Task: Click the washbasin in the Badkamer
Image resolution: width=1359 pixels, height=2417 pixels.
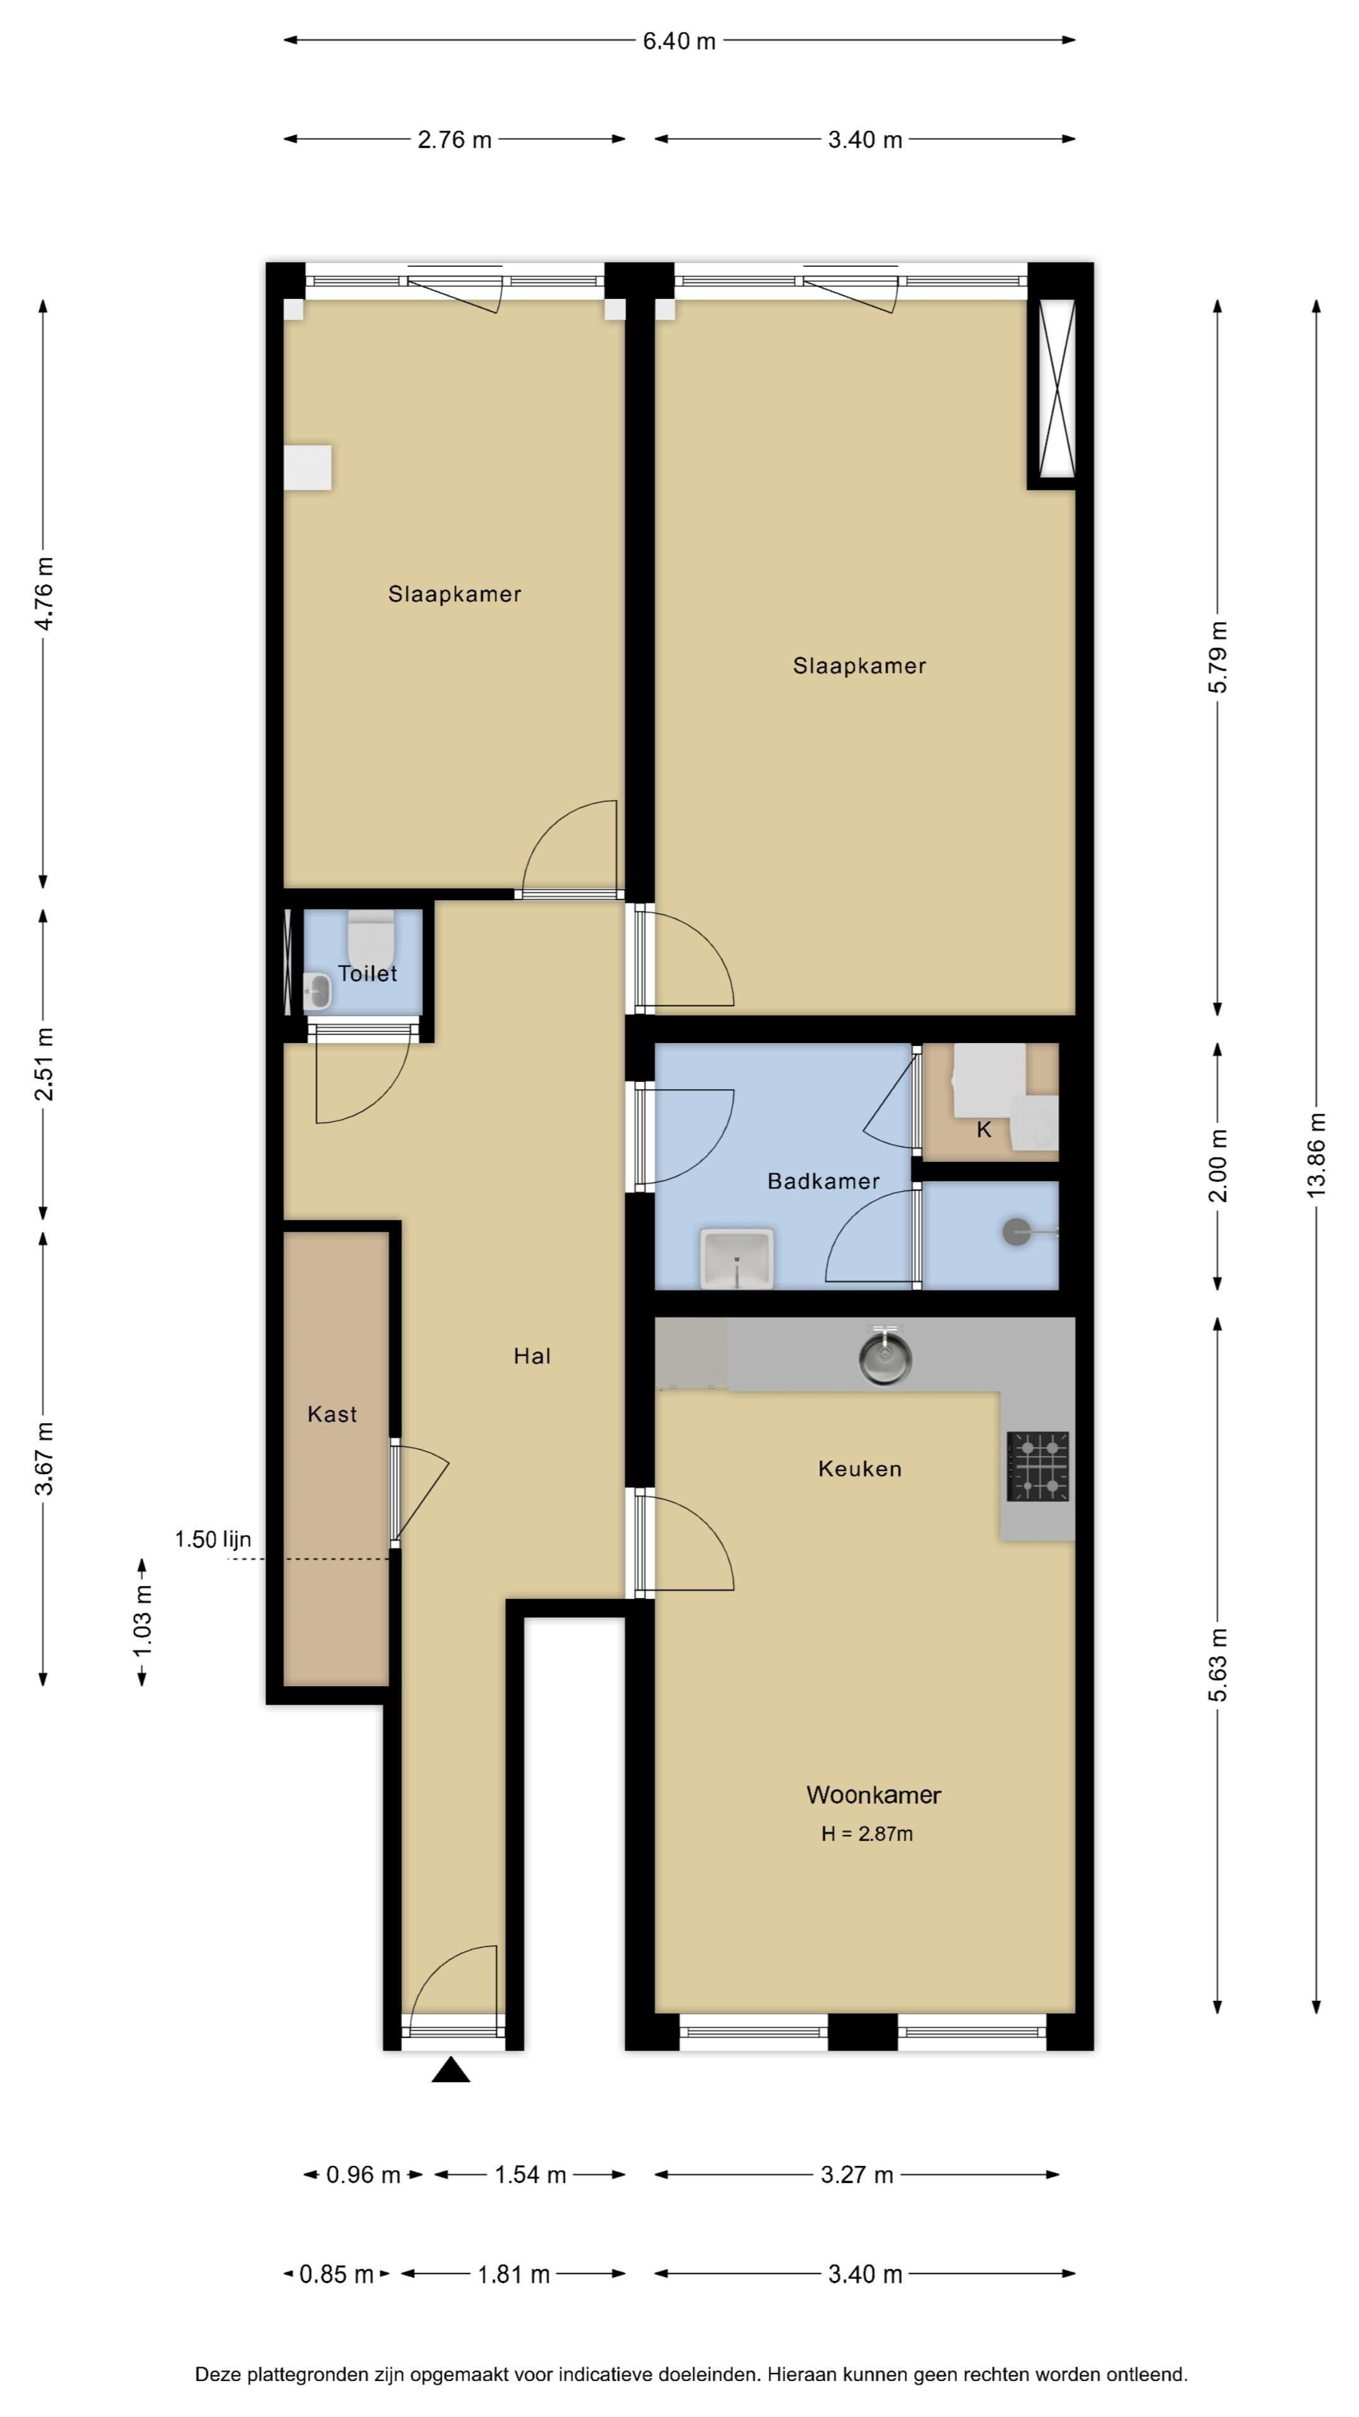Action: click(737, 1258)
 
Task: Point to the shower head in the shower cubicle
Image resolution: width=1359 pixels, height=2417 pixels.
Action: click(1017, 1232)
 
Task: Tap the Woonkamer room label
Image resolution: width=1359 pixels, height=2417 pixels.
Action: click(873, 1795)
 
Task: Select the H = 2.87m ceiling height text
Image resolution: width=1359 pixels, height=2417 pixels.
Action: click(866, 1834)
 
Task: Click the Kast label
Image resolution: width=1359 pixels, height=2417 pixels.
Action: click(332, 1414)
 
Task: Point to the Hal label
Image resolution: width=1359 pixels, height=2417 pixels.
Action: click(532, 1356)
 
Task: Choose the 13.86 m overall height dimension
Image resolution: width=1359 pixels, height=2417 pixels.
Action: click(1317, 1154)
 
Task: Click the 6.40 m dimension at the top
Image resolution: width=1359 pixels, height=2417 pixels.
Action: click(679, 42)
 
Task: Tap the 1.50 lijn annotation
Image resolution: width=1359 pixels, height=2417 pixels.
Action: click(213, 1539)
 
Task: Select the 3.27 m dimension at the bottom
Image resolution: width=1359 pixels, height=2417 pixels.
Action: click(857, 2175)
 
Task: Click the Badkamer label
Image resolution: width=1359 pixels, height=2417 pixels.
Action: click(824, 1181)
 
